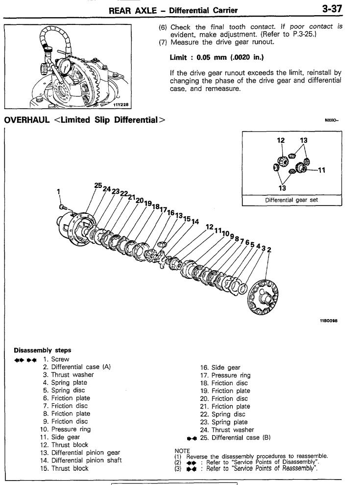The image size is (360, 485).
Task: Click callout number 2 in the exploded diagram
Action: [269, 250]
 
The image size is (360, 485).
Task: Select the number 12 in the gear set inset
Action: [282, 140]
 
